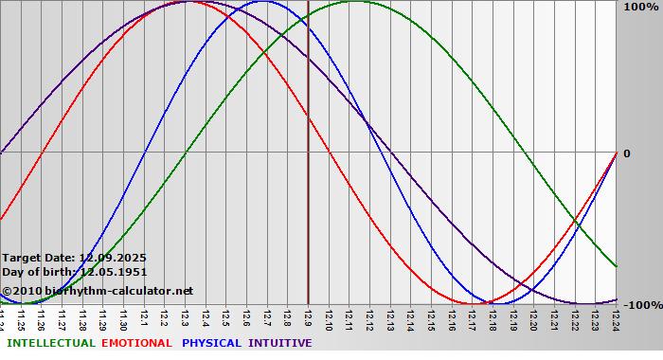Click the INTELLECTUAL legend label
(x=51, y=343)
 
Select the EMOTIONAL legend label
(x=136, y=343)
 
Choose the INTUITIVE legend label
(x=280, y=343)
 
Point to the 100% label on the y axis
(x=637, y=7)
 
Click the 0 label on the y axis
(x=626, y=153)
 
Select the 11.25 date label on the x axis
(x=21, y=318)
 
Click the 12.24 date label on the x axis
(x=616, y=318)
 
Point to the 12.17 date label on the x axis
(x=472, y=318)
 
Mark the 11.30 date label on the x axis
(x=123, y=318)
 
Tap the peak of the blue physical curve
(x=264, y=2)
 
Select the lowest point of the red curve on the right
(x=471, y=303)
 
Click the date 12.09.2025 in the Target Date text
(x=112, y=258)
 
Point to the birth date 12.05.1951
(x=114, y=272)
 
